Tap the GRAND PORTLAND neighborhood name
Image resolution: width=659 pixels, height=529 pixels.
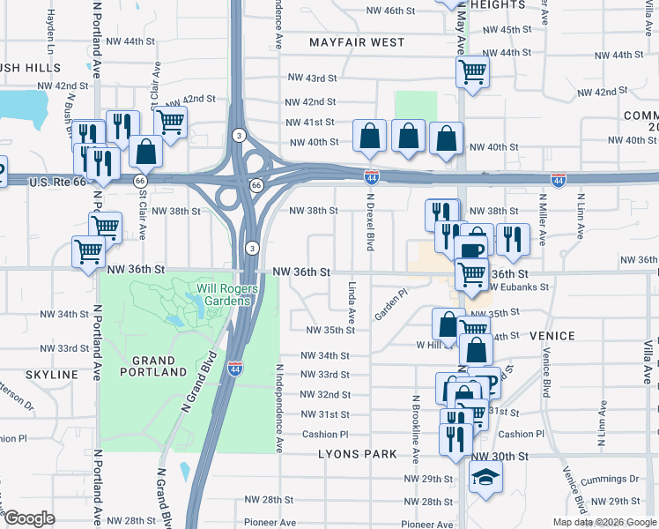(x=148, y=366)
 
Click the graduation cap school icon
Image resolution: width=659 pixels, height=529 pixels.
(x=485, y=479)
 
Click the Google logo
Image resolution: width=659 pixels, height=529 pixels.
(x=29, y=518)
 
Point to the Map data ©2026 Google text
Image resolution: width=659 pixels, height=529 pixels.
(x=603, y=522)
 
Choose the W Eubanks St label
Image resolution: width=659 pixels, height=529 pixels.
(x=520, y=287)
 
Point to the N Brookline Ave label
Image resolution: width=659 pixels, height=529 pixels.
(x=414, y=429)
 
